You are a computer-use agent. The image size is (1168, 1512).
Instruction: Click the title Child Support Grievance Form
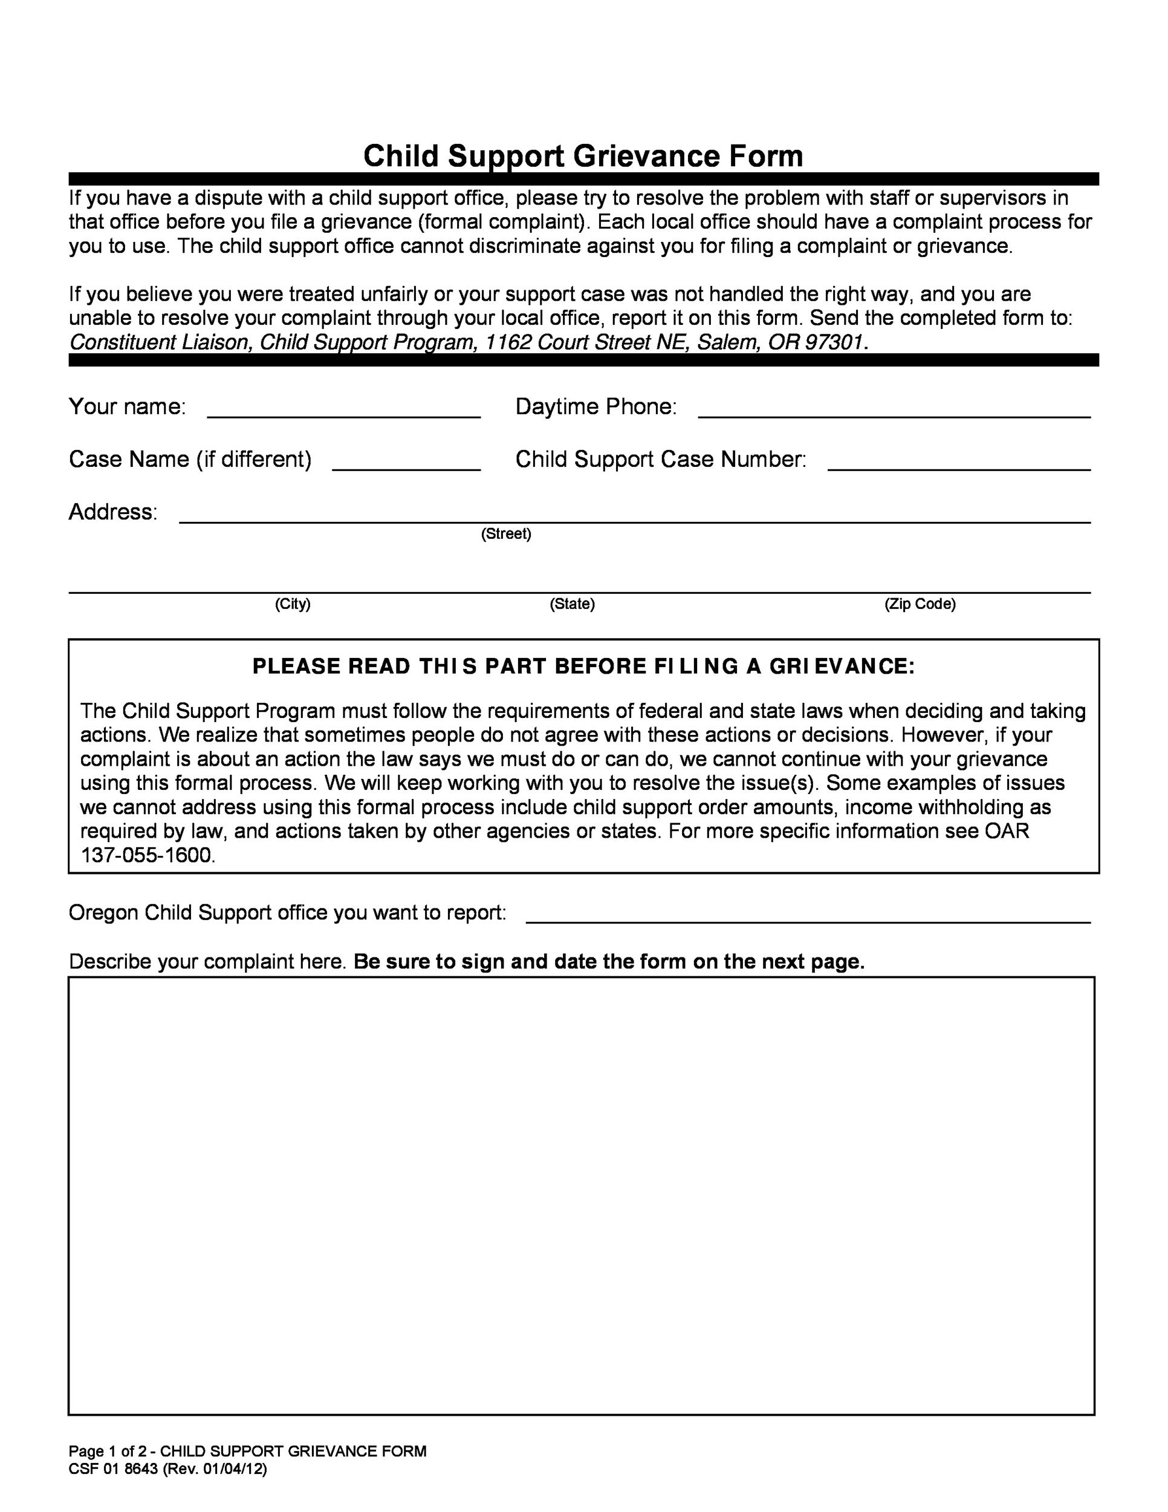pyautogui.click(x=583, y=156)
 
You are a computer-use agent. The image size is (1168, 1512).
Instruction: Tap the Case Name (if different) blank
pyautogui.click(x=406, y=463)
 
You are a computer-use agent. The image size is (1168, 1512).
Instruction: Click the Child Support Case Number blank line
pyautogui.click(x=958, y=463)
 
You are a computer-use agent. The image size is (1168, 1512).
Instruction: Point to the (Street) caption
pyautogui.click(x=506, y=534)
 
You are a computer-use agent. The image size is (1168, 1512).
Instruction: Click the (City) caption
pyautogui.click(x=293, y=604)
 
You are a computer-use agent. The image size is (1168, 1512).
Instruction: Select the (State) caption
pyautogui.click(x=573, y=604)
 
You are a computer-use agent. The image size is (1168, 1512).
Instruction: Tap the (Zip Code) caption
pyautogui.click(x=920, y=604)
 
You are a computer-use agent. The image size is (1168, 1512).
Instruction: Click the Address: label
pyautogui.click(x=113, y=512)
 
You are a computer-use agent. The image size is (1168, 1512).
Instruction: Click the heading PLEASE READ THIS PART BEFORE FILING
pyautogui.click(x=583, y=666)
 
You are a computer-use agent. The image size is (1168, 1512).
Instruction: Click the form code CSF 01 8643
pyautogui.click(x=114, y=1468)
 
